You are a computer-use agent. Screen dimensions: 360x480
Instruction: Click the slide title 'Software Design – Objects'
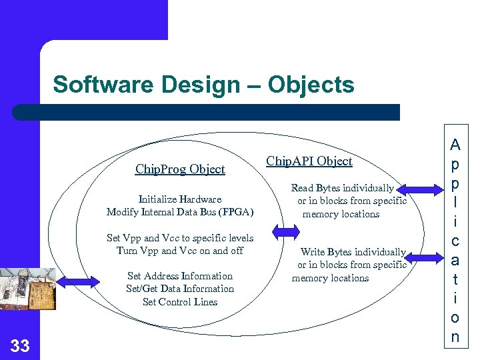203,85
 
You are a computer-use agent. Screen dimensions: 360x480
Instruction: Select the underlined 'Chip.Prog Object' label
180,169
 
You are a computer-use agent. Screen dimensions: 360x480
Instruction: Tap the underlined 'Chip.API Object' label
309,161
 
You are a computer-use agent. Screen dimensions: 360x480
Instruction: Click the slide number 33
20,345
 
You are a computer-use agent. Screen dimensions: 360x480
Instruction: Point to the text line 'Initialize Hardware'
180,199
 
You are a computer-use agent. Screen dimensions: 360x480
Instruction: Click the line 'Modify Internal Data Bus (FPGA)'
180,212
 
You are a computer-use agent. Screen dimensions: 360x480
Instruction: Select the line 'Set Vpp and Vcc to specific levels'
180,238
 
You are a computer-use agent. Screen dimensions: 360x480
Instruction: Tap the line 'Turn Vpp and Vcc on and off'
180,251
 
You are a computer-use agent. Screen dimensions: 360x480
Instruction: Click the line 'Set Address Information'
180,276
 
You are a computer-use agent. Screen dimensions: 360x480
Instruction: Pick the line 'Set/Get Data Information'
180,289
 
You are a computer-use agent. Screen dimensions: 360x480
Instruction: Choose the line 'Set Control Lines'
180,302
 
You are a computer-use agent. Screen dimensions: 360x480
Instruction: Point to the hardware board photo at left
27,289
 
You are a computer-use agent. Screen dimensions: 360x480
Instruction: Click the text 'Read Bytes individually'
342,189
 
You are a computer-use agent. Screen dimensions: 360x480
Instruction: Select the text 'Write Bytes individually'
353,252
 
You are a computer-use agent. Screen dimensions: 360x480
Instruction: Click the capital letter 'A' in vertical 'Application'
455,144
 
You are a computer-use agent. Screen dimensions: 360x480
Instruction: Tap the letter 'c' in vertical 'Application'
455,241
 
